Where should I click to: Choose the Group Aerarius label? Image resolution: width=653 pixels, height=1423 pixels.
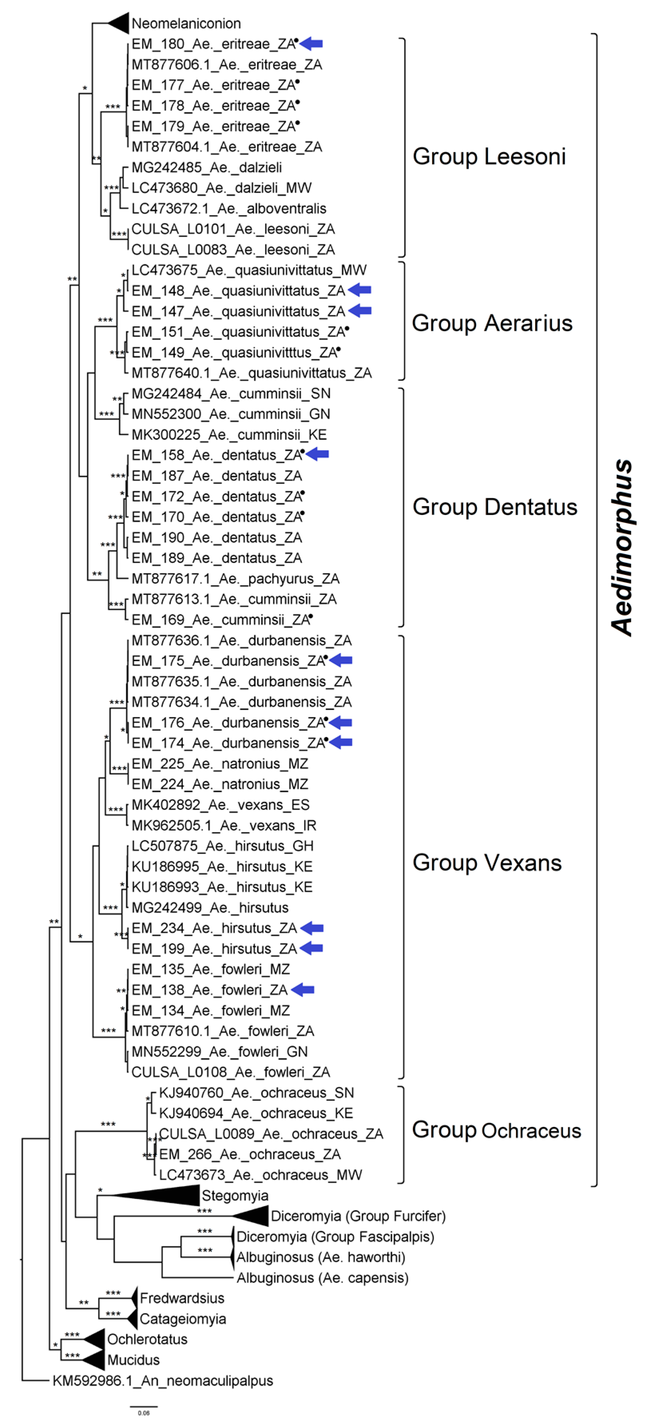coord(492,323)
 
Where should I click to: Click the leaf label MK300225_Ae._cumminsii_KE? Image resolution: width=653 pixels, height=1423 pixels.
coord(229,435)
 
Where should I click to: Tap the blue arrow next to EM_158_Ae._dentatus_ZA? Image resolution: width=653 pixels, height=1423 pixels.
coord(318,454)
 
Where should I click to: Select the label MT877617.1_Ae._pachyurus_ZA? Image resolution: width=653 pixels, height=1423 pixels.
coord(235,578)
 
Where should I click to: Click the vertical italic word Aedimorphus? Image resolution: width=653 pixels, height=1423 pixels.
coord(622,547)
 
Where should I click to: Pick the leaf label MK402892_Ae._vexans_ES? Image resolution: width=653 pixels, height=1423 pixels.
coord(220,805)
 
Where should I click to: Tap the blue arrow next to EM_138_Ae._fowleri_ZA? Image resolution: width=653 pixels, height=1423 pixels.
coord(303,990)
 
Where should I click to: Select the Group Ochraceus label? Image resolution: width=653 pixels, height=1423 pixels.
coord(496,1130)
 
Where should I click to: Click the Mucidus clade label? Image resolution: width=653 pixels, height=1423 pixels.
coord(133,1359)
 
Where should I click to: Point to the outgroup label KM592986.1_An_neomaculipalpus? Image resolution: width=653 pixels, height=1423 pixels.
coord(163,1381)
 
